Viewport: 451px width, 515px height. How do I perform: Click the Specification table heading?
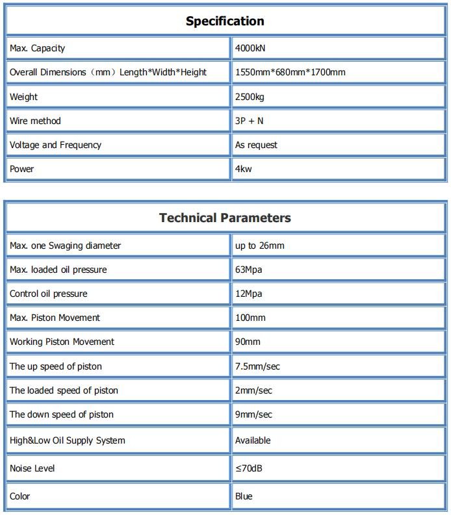tap(225, 21)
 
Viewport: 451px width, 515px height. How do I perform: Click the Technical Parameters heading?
tap(225, 218)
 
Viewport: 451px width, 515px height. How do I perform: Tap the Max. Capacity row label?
tap(37, 48)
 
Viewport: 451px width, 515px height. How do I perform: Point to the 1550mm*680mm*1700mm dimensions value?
tap(290, 72)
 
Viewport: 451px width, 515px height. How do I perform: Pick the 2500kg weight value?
tap(249, 97)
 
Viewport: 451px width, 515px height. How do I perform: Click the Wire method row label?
tap(35, 121)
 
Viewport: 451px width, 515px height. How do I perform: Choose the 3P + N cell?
tap(249, 121)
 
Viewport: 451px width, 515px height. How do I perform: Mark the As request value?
tap(256, 145)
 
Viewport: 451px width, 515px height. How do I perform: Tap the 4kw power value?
tap(243, 169)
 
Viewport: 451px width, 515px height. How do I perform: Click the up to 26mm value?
tap(259, 245)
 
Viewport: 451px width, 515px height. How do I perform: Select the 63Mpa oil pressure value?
tap(248, 270)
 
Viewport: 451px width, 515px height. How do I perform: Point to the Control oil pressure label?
tap(48, 294)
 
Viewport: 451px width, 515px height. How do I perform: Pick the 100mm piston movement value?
tap(250, 318)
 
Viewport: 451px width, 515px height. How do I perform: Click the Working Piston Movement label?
tap(62, 342)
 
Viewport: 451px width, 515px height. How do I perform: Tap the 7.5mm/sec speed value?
tap(257, 366)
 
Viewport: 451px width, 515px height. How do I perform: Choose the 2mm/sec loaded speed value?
tap(253, 390)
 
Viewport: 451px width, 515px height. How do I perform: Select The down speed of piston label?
tap(61, 414)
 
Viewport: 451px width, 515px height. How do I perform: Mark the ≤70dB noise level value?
tap(249, 468)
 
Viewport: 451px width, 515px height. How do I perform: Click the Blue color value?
tap(244, 496)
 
